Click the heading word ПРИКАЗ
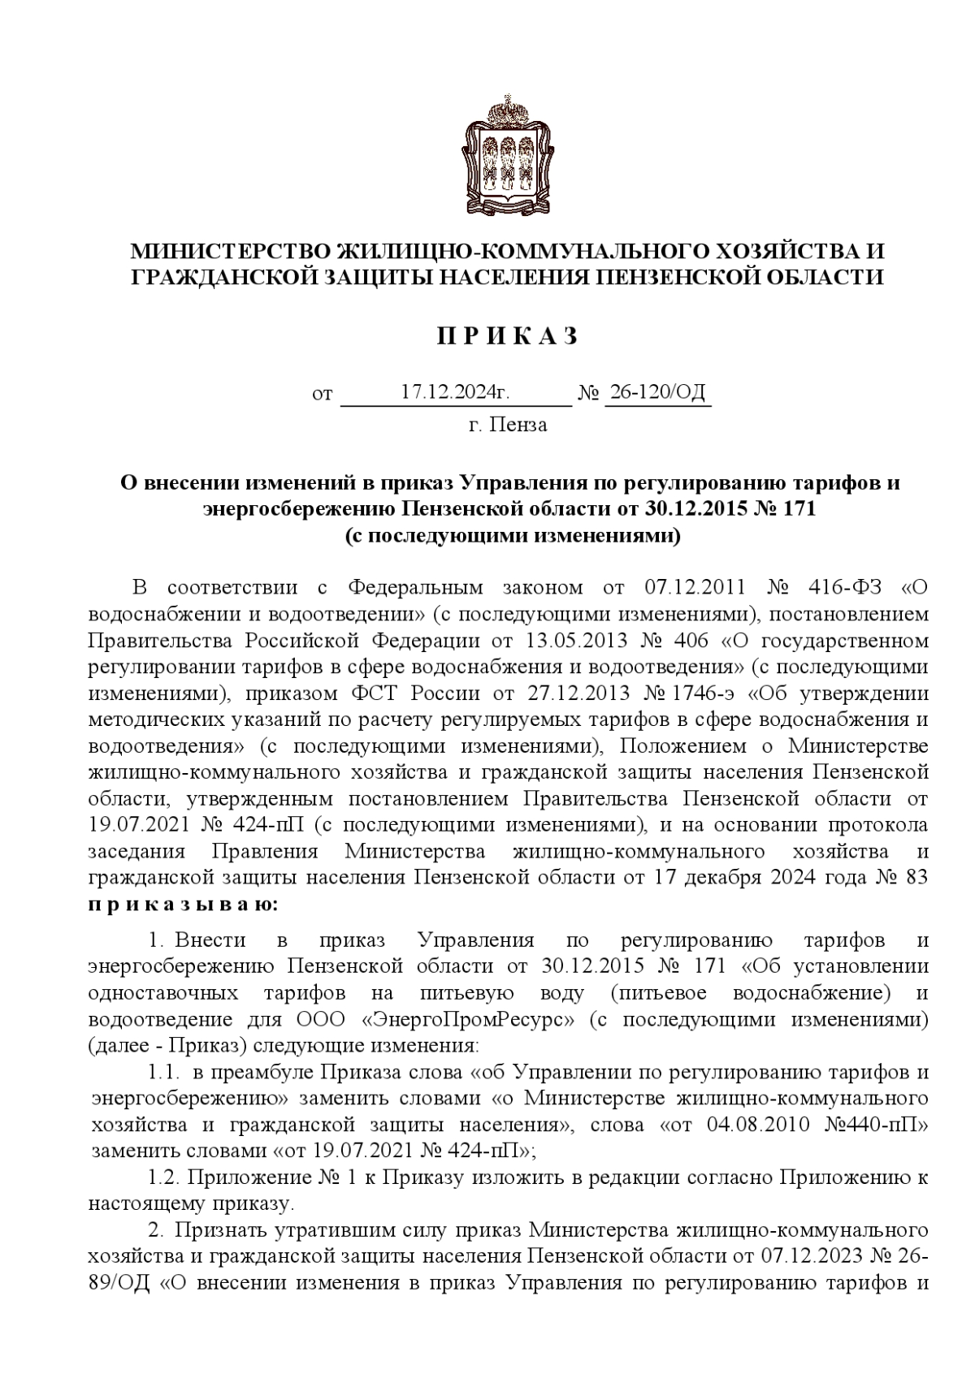point(508,336)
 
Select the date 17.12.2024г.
point(456,392)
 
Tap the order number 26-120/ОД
point(657,392)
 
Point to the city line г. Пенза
point(508,425)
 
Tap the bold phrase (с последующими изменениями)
point(511,536)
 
